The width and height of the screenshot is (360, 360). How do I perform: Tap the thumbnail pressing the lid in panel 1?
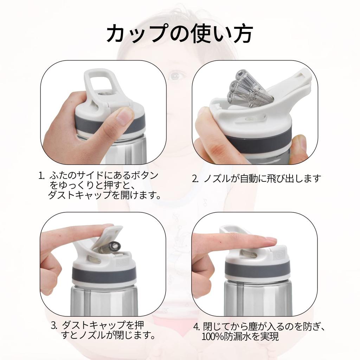point(124,116)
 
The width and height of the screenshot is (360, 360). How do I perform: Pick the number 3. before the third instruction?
point(54,325)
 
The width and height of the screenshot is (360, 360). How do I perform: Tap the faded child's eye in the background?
point(175,75)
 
